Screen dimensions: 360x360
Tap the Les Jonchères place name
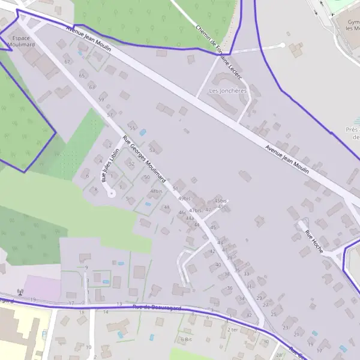[227, 91]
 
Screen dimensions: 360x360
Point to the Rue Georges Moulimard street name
[144, 159]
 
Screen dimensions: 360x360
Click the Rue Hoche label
[314, 241]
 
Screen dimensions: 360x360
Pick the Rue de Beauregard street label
[157, 308]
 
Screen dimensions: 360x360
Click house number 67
[67, 62]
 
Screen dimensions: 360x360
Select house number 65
[82, 75]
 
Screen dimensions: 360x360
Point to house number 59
[101, 100]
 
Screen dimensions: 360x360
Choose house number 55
[132, 128]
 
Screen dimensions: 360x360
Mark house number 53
[152, 150]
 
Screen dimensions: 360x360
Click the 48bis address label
[157, 191]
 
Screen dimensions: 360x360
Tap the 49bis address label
[184, 199]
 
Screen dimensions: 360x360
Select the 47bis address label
[195, 211]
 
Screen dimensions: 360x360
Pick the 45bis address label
[221, 200]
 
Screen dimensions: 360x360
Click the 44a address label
[190, 218]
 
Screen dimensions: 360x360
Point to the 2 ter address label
[233, 330]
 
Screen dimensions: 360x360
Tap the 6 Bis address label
[186, 339]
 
